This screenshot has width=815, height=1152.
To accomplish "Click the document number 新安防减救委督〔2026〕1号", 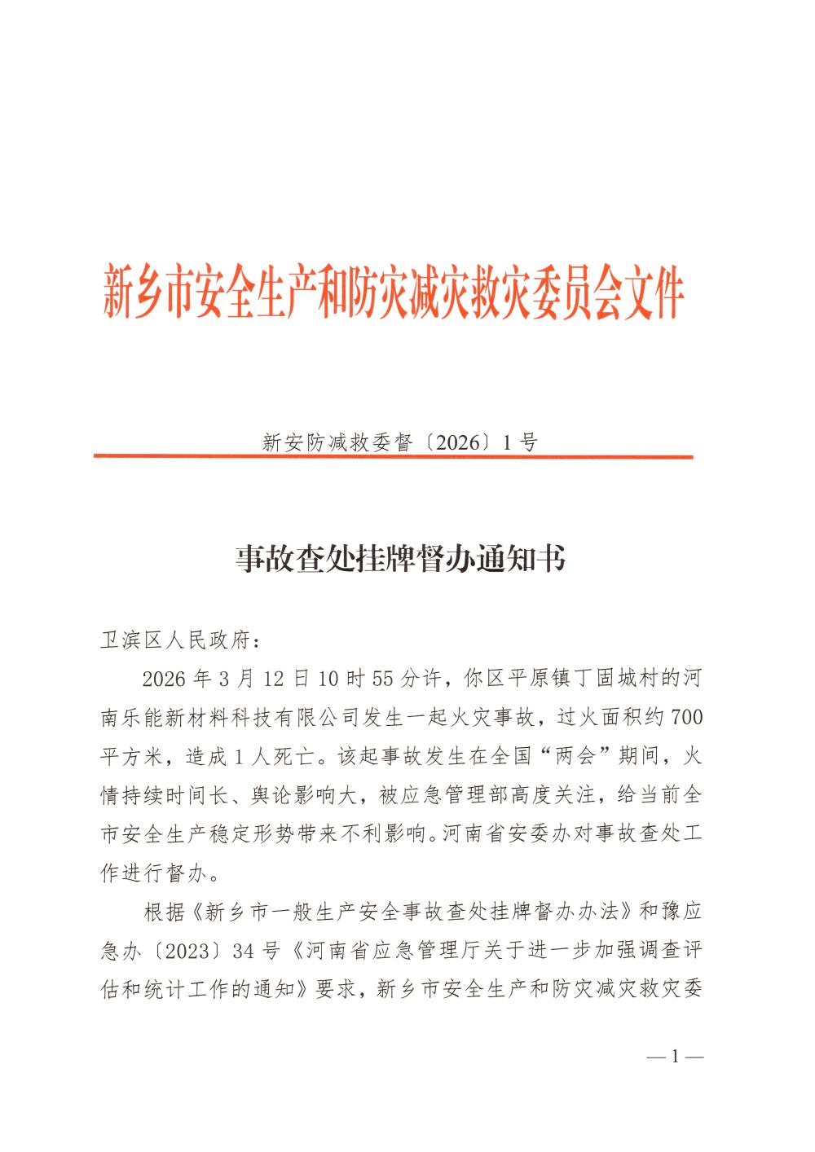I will (x=400, y=442).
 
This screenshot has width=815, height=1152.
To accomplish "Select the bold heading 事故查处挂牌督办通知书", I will (x=400, y=560).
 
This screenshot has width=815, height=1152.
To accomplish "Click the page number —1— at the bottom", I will (x=675, y=1057).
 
